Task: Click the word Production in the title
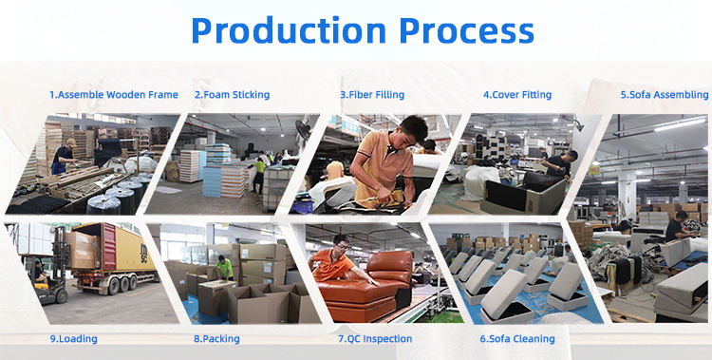[289, 30]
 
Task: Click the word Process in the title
[467, 30]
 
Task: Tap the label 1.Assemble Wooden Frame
[114, 95]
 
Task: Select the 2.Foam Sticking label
[232, 95]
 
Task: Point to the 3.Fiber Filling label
[372, 95]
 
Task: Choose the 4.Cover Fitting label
[517, 95]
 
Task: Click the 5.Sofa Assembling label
[665, 95]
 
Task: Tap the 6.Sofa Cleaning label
[517, 339]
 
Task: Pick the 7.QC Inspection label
[375, 339]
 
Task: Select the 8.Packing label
[216, 339]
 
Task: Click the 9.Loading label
[73, 339]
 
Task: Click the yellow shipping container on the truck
[128, 249]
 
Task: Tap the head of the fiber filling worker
[413, 129]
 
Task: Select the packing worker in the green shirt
[224, 268]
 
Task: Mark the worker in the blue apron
[63, 157]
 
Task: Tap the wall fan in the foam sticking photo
[303, 129]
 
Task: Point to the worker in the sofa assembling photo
[678, 226]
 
